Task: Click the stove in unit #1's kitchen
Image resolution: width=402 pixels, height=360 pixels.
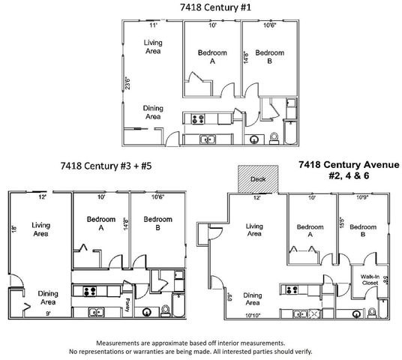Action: tap(197, 118)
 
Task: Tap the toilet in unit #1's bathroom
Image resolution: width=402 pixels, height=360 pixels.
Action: tap(274, 137)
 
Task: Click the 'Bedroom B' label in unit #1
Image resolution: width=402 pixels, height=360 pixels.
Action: tap(268, 58)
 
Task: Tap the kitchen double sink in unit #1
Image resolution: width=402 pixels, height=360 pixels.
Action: tap(207, 139)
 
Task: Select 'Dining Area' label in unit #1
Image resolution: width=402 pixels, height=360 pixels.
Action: tap(152, 112)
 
